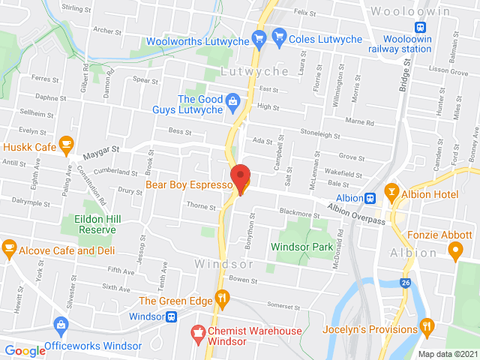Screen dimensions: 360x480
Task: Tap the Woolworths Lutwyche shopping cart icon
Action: click(x=259, y=36)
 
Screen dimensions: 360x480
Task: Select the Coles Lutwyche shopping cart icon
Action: click(x=280, y=36)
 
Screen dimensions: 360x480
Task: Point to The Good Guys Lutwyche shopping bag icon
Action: click(x=232, y=100)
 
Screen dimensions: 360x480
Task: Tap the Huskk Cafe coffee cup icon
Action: click(x=66, y=142)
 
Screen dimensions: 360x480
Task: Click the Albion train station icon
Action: click(x=370, y=198)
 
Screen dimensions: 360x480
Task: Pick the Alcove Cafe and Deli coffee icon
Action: click(x=9, y=246)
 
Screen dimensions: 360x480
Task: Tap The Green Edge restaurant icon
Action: click(x=221, y=300)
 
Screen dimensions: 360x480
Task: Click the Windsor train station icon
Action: click(x=172, y=316)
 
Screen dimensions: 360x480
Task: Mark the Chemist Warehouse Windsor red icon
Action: click(x=198, y=331)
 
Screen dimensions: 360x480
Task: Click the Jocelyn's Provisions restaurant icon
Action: click(x=427, y=325)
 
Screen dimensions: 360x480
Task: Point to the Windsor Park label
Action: click(x=301, y=247)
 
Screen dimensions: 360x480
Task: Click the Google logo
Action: click(x=25, y=350)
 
